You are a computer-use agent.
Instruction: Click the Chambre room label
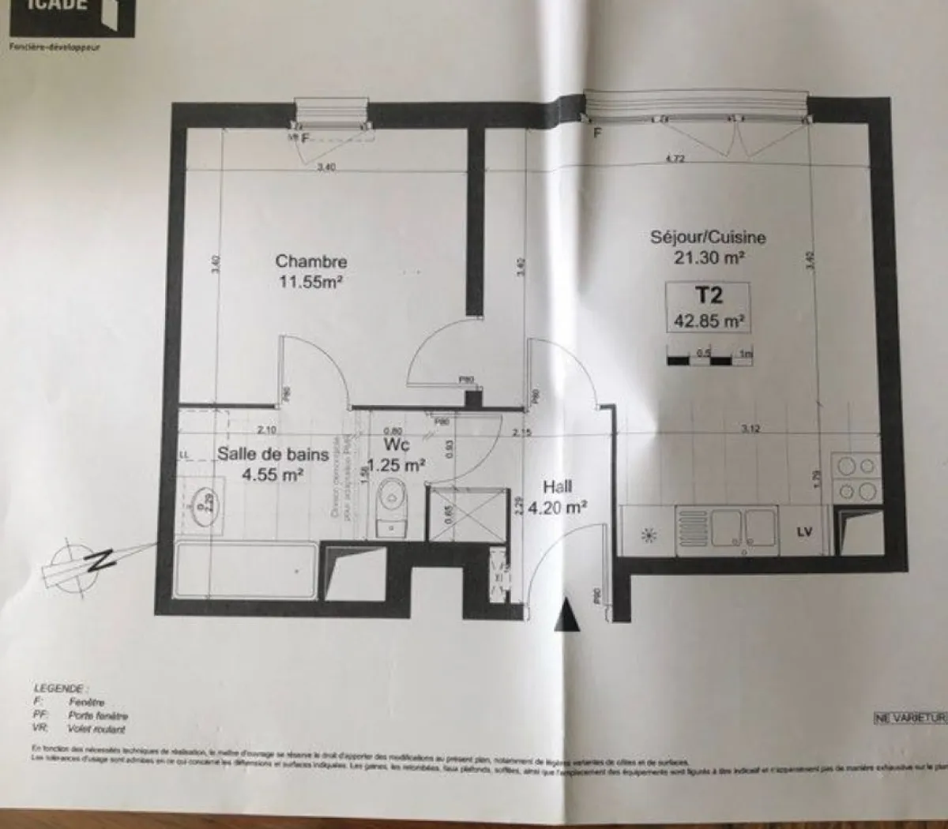(x=310, y=261)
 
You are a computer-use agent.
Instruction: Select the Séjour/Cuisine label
(x=707, y=237)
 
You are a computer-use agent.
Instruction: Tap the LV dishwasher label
(x=804, y=532)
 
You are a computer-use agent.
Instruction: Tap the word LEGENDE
(x=62, y=688)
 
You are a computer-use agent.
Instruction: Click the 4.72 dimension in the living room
(x=674, y=159)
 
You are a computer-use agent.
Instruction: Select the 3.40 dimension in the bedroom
(x=325, y=167)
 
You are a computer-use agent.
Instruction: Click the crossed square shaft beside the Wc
(x=465, y=515)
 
